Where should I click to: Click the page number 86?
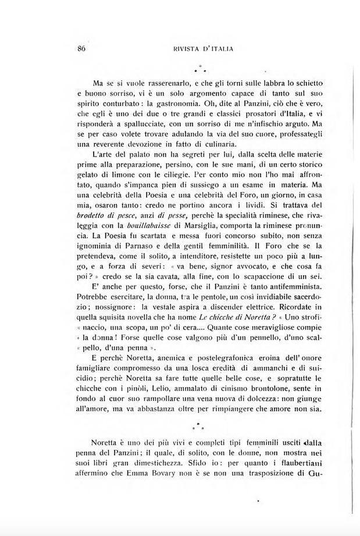[x=81, y=49]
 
